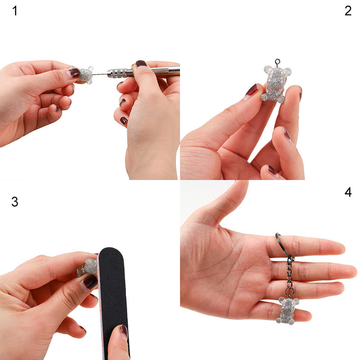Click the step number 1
coord(15,11)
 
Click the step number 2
coord(348,11)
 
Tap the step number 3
coord(15,202)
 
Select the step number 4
coord(348,192)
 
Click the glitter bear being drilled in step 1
coord(85,75)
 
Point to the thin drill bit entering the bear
coord(99,74)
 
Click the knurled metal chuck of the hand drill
coord(117,72)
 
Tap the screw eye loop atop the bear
coord(278,62)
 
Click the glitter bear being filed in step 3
coord(88,267)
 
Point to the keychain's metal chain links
coord(290,277)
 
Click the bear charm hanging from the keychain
coord(287,310)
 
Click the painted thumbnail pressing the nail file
coord(124,332)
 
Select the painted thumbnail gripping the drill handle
coord(141,63)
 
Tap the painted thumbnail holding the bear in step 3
coord(90,283)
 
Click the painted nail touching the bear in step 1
coord(74,73)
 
